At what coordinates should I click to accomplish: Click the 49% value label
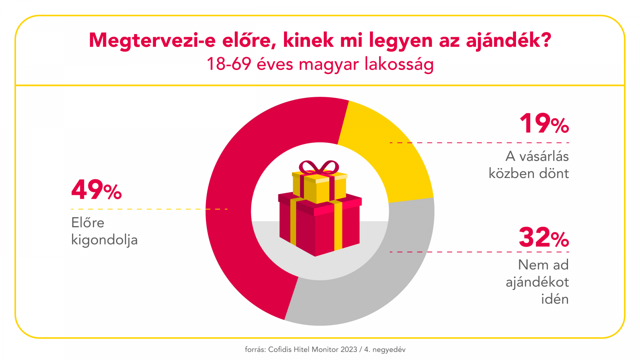pyautogui.click(x=96, y=190)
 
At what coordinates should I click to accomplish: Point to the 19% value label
pyautogui.click(x=544, y=124)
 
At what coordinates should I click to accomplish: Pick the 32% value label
pyautogui.click(x=544, y=238)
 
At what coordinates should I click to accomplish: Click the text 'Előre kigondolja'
pyautogui.click(x=104, y=231)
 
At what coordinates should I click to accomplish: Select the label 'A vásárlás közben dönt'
pyautogui.click(x=529, y=165)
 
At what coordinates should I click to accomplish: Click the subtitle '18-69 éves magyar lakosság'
pyautogui.click(x=320, y=64)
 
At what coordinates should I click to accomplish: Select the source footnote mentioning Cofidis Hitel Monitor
pyautogui.click(x=325, y=350)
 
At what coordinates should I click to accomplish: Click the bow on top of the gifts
pyautogui.click(x=319, y=167)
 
